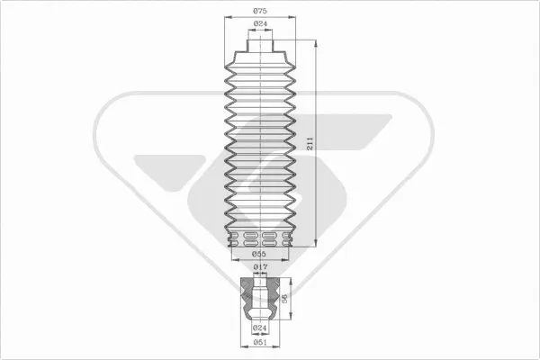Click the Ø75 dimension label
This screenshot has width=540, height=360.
click(260, 11)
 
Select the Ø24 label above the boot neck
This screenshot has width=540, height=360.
click(260, 23)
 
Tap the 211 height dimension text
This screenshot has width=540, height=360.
click(310, 143)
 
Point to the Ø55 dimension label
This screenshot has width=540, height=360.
click(259, 254)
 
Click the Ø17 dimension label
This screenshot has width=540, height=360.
click(260, 266)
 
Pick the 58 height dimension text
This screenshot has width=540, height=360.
click(284, 298)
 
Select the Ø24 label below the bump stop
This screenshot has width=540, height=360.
click(260, 328)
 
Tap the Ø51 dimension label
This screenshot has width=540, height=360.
click(260, 342)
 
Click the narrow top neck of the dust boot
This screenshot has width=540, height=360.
click(260, 46)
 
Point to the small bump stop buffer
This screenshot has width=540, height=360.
click(260, 298)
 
